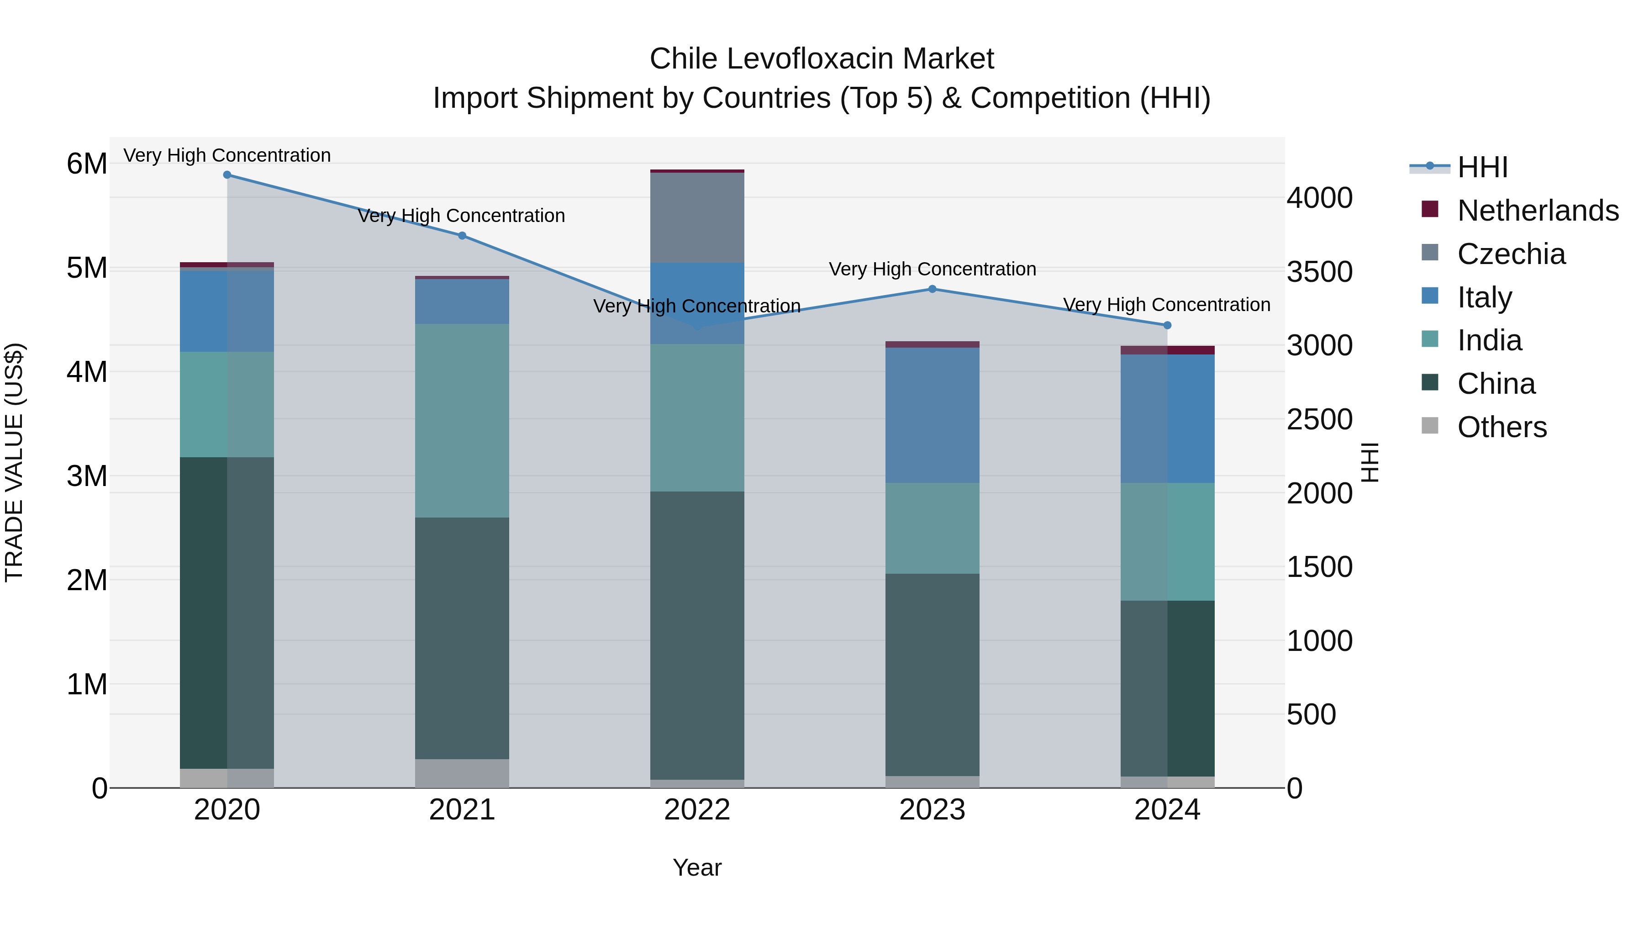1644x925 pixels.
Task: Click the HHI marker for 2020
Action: click(227, 175)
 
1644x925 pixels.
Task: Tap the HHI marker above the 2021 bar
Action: click(462, 236)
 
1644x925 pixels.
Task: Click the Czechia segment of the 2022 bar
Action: click(697, 217)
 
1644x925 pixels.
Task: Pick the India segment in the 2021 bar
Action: click(462, 420)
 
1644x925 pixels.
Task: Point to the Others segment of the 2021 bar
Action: click(462, 773)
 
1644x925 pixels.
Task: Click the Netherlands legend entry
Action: click(1538, 211)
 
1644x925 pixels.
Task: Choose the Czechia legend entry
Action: click(1511, 254)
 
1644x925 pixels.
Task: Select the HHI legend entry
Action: click(1482, 167)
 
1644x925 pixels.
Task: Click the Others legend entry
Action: click(1502, 427)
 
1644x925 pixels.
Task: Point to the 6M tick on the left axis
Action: click(87, 164)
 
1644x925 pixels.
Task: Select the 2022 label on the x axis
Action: click(697, 810)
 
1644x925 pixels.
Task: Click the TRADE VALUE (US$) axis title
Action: click(14, 462)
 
